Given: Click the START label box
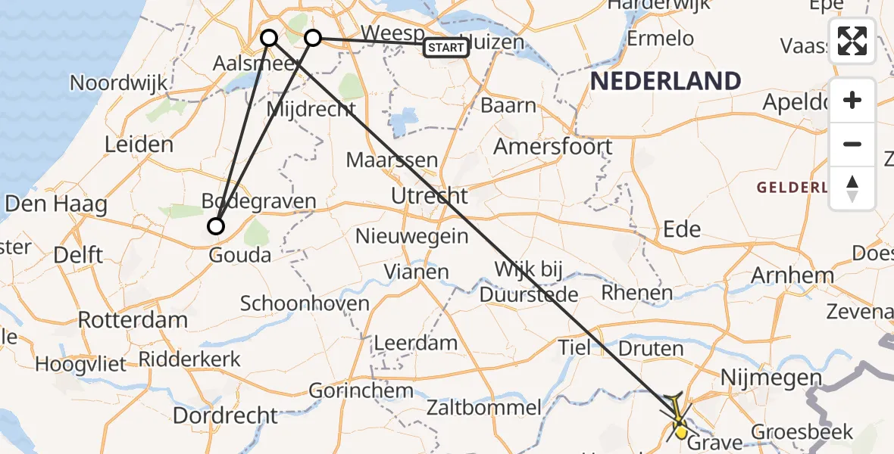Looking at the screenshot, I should click(446, 48).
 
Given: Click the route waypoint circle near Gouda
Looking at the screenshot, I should click(217, 225).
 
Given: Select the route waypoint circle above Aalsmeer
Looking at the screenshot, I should click(269, 37).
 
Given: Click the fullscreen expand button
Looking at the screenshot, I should click(852, 42).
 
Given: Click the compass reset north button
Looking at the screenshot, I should click(852, 188).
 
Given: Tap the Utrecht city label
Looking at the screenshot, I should click(430, 197).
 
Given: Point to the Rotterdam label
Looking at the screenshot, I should click(133, 319).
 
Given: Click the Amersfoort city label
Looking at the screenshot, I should click(553, 146).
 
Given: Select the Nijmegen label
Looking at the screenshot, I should click(771, 378).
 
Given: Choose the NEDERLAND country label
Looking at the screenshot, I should click(665, 81).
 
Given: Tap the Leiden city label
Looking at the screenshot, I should click(139, 144).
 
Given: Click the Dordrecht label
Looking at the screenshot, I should click(225, 415).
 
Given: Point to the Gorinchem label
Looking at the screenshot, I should click(361, 391).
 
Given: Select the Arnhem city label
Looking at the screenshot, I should click(792, 275).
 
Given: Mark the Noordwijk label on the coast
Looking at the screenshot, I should click(118, 82).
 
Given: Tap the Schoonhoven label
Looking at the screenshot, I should click(305, 304).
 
